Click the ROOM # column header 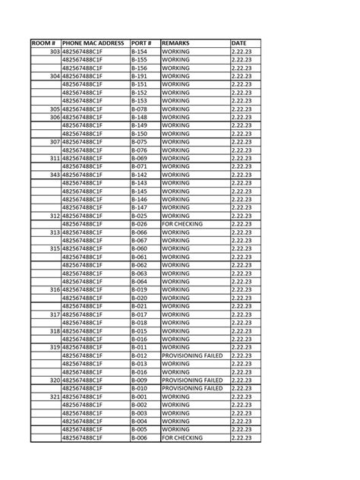tap(45, 43)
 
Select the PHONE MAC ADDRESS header tap(93, 43)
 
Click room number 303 tap(54, 52)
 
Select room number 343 tap(54, 175)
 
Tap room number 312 tap(54, 216)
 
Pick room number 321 tap(54, 396)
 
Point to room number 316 tap(54, 289)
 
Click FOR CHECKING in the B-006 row tap(182, 437)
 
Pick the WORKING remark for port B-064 tap(175, 282)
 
